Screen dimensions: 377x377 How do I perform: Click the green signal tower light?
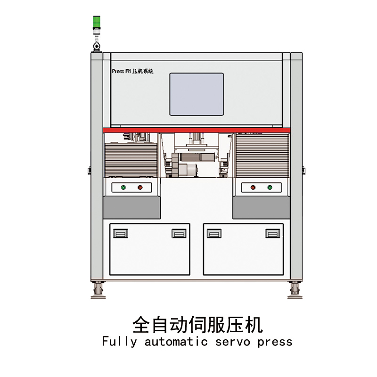96,22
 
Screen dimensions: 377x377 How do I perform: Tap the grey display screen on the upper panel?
197,94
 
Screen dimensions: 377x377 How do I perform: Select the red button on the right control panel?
253,188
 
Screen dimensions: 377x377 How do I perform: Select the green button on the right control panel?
270,188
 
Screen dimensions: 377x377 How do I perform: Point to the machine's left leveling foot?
98,288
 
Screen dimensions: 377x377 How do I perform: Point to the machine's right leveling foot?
295,288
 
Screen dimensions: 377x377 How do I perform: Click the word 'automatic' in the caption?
176,342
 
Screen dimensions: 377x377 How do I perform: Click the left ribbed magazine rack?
131,158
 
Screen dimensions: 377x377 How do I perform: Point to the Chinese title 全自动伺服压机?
197,324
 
